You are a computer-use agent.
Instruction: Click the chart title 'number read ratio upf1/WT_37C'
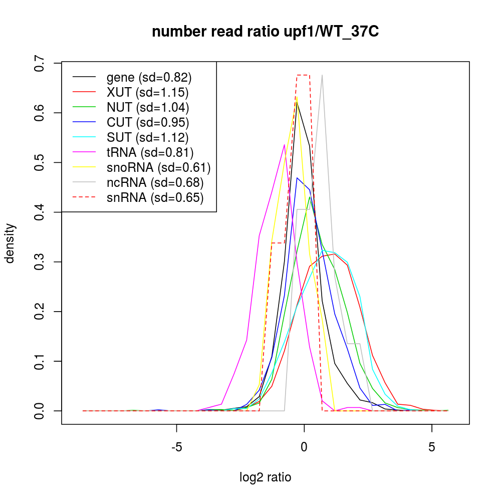click(x=266, y=32)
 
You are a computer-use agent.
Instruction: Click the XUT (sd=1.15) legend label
click(x=147, y=92)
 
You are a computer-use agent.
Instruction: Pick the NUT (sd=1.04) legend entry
click(x=148, y=107)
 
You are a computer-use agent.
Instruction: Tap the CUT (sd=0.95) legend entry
click(x=148, y=122)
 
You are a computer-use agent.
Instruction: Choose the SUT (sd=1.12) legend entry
click(x=147, y=137)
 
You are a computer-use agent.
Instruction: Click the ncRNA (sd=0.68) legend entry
click(x=155, y=182)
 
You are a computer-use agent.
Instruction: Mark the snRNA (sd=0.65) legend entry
click(x=155, y=197)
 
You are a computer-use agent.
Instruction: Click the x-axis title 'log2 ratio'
click(x=266, y=477)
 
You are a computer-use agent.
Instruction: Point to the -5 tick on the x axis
click(x=176, y=445)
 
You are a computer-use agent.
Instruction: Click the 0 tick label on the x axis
click(x=304, y=445)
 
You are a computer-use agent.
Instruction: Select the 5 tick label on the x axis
click(x=431, y=445)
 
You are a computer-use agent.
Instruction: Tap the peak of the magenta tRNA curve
click(x=284, y=145)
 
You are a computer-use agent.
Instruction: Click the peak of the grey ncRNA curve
click(x=322, y=75)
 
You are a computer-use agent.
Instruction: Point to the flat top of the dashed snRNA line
click(x=304, y=75)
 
